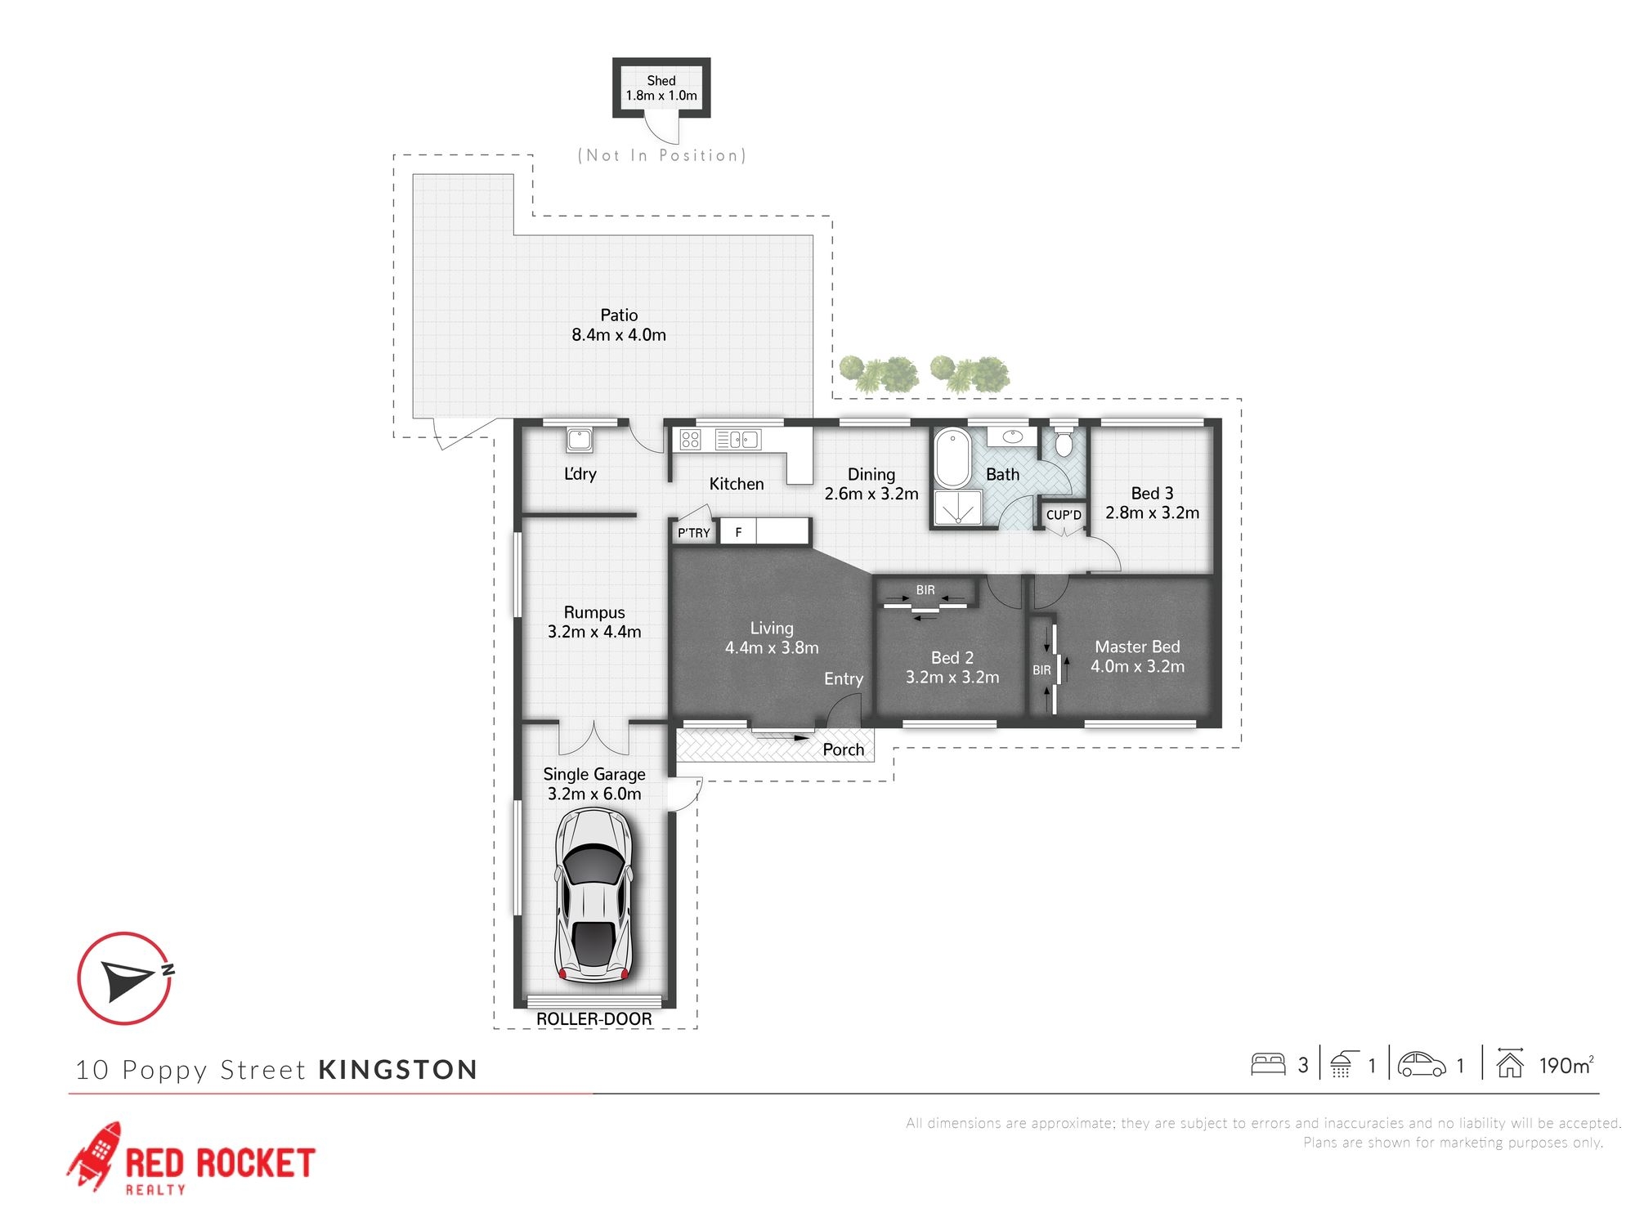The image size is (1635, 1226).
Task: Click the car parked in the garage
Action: click(594, 895)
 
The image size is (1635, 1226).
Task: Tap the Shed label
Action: click(661, 81)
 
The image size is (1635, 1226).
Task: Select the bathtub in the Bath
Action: click(952, 458)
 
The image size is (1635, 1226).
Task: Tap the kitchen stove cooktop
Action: click(690, 440)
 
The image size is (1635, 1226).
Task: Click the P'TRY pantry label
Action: click(694, 533)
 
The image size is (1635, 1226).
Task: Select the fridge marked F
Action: click(738, 532)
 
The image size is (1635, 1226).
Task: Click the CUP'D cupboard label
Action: click(1064, 515)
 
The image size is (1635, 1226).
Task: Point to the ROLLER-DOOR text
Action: click(594, 1019)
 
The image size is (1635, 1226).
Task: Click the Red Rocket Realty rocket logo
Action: click(94, 1156)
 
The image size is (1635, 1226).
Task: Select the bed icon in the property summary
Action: click(1268, 1064)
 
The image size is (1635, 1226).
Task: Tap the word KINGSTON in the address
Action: click(398, 1070)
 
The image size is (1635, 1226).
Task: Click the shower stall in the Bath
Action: click(957, 508)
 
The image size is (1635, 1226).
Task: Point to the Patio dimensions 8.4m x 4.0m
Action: click(619, 335)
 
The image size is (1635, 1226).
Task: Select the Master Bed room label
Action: click(1137, 647)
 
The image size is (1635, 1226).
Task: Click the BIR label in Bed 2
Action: click(925, 590)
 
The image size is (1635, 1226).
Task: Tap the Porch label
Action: click(844, 749)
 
